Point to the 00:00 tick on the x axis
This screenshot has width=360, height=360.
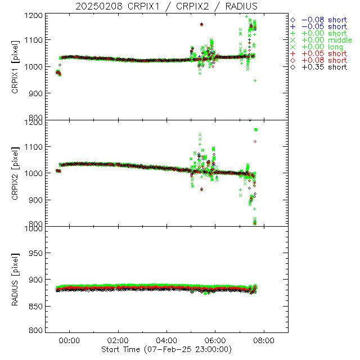69,341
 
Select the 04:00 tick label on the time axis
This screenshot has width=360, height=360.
166,341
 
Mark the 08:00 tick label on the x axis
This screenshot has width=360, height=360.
264,341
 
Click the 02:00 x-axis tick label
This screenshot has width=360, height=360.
118,341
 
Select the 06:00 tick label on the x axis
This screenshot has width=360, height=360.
215,341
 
